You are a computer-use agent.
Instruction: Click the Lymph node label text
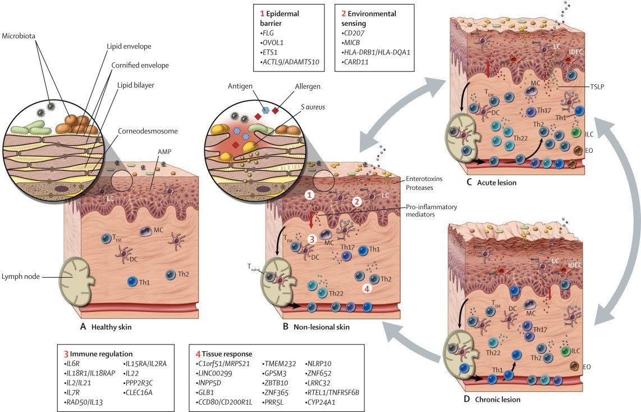click(22, 277)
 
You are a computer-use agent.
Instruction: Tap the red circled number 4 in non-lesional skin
click(367, 289)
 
